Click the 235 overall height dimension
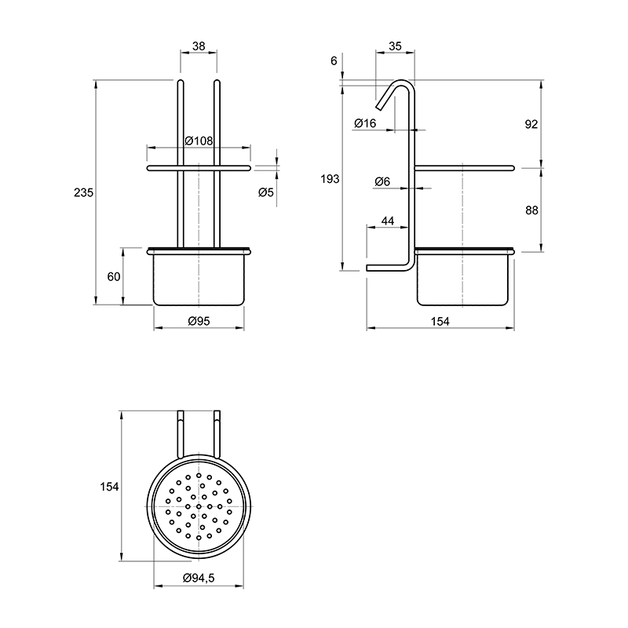point(83,192)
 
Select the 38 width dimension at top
point(199,46)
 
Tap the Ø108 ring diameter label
point(199,141)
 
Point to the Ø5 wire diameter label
point(266,192)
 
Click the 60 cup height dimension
point(114,276)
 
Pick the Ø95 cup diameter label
point(199,321)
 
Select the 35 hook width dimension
point(395,46)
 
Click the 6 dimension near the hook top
point(334,61)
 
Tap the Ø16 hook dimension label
point(365,123)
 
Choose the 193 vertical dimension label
point(330,179)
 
